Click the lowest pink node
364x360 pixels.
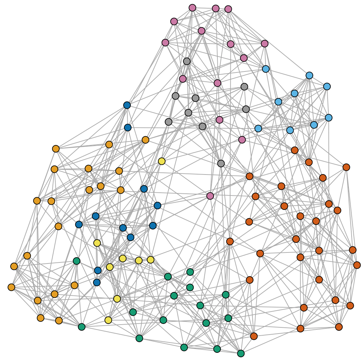pyautogui.click(x=210, y=196)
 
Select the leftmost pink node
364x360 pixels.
pyautogui.click(x=165, y=43)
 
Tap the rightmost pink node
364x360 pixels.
pyautogui.click(x=264, y=44)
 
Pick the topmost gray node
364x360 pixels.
pyautogui.click(x=187, y=61)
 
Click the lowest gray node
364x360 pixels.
pyautogui.click(x=221, y=164)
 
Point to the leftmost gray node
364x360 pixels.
pyautogui.click(x=168, y=122)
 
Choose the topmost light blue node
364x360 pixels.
pyautogui.click(x=309, y=75)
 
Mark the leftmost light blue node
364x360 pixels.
pyautogui.click(x=258, y=128)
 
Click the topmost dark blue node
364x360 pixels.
pyautogui.click(x=127, y=105)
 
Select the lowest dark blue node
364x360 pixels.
pyautogui.click(x=97, y=282)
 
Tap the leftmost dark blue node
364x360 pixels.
pyautogui.click(x=79, y=224)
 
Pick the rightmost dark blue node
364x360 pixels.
pyautogui.click(x=158, y=205)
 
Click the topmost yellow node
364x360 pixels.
pyautogui.click(x=162, y=161)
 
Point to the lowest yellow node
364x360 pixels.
pyautogui.click(x=109, y=320)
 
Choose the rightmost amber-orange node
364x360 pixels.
pyautogui.click(x=146, y=140)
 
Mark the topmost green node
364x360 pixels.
pyautogui.click(x=77, y=261)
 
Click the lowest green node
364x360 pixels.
pyautogui.click(x=241, y=353)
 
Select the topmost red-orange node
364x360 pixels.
pyautogui.click(x=295, y=150)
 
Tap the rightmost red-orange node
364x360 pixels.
pyautogui.click(x=357, y=265)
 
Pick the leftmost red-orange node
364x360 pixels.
pyautogui.click(x=230, y=241)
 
